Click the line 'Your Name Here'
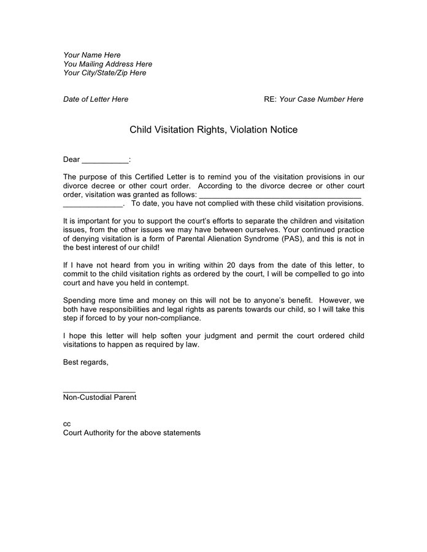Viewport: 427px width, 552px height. coord(92,55)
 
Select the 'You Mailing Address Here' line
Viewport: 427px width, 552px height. coord(108,64)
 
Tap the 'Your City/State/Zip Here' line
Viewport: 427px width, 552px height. coord(105,73)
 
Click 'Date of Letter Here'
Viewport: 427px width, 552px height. coord(96,99)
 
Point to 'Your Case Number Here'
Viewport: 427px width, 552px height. coord(321,99)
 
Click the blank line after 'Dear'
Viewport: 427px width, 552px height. coord(106,161)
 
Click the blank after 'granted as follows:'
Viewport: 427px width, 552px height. coord(280,196)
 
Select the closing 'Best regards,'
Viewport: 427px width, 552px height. coord(86,362)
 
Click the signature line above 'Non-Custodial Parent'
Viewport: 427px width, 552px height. coord(99,391)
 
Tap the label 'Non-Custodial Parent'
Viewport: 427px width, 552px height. coord(99,397)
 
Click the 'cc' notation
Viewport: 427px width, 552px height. coord(67,424)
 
